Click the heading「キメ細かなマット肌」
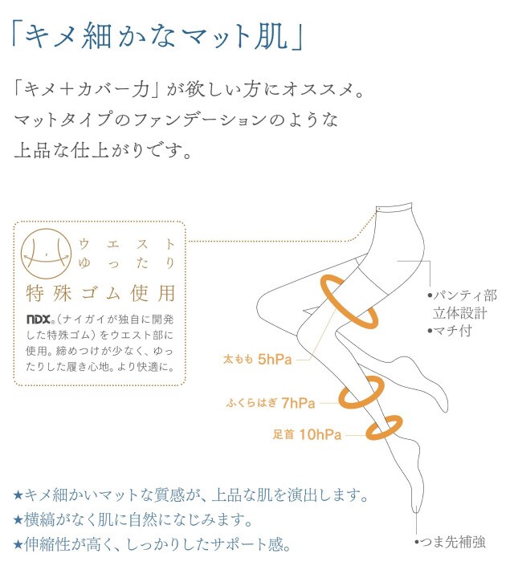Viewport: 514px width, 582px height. pyautogui.click(x=157, y=36)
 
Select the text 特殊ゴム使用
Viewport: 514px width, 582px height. pyautogui.click(x=100, y=293)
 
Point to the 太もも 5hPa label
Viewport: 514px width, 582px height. pyautogui.click(x=257, y=360)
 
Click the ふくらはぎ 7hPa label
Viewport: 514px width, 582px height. pyautogui.click(x=271, y=403)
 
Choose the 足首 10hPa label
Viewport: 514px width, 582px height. pyautogui.click(x=307, y=434)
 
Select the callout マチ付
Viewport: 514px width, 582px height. pyautogui.click(x=450, y=331)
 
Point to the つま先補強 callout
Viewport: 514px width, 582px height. pyautogui.click(x=450, y=543)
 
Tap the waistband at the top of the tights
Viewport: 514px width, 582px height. pyautogui.click(x=394, y=207)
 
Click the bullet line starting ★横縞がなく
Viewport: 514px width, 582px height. pyautogui.click(x=133, y=519)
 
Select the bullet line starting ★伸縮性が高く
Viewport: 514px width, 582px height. pyautogui.click(x=153, y=544)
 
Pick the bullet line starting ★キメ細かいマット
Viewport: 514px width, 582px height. pyautogui.click(x=190, y=495)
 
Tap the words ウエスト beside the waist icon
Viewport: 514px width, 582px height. pyautogui.click(x=127, y=244)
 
